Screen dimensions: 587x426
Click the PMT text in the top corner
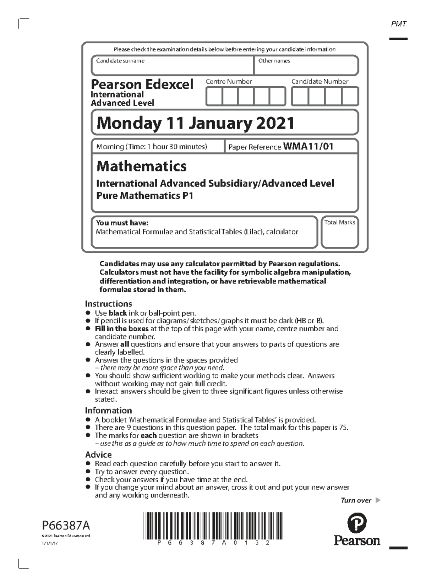point(398,24)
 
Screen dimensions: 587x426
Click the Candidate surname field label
point(120,61)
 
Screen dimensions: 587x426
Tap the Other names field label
point(274,61)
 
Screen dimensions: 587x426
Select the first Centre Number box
point(214,97)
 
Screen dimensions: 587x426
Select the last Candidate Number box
point(350,97)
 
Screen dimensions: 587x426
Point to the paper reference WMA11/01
point(308,146)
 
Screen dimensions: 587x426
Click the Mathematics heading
point(141,166)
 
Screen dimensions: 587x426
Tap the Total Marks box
point(340,233)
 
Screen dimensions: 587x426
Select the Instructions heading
point(108,304)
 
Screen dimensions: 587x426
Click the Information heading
point(108,411)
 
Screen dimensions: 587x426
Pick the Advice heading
point(98,455)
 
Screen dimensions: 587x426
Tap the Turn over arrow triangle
point(378,500)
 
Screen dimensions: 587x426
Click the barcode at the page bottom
point(213,526)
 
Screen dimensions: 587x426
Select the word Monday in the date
point(128,123)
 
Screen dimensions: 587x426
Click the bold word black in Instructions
point(118,313)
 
